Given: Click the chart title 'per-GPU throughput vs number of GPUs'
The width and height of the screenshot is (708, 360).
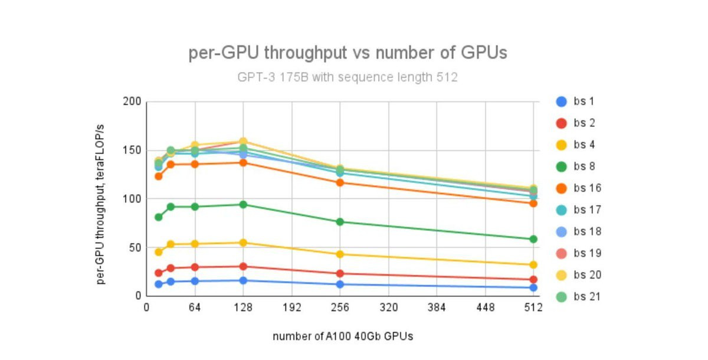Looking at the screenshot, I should point(348,53).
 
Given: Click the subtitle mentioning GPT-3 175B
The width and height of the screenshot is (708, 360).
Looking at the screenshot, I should point(348,77).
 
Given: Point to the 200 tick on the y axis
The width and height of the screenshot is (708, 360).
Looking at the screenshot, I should point(133,102).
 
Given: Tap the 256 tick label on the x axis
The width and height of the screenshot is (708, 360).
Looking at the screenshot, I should point(340,308).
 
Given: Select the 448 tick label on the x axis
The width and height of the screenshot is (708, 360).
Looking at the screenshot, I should point(486,308).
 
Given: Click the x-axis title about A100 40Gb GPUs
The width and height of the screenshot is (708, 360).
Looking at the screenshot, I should point(343,336).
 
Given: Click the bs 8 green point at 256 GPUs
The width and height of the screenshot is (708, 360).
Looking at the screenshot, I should point(340,222).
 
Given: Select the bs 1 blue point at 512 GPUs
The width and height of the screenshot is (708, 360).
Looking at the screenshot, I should point(533,287).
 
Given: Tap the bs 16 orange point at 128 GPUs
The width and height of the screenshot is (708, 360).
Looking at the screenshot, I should point(243,162).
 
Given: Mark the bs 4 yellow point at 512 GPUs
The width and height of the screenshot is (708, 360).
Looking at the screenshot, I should point(533,265).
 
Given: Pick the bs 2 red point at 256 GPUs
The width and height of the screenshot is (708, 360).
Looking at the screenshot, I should point(340,273).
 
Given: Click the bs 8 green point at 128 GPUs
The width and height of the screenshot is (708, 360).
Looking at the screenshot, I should point(243,204).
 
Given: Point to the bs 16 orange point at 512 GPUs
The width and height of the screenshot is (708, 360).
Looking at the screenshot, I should point(533,203).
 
